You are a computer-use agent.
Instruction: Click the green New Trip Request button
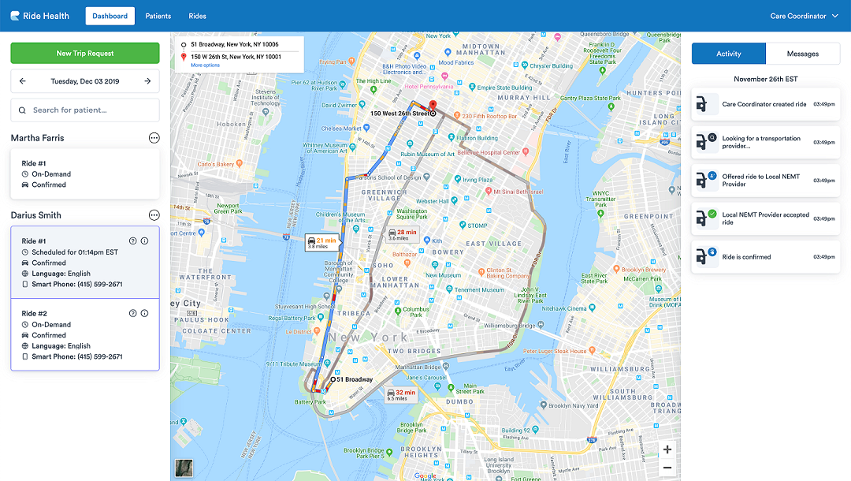click(85, 54)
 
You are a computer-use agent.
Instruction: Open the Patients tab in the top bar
click(158, 16)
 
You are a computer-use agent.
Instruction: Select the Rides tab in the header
click(197, 16)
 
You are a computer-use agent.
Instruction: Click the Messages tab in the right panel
click(802, 54)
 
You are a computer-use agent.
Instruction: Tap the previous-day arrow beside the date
click(23, 81)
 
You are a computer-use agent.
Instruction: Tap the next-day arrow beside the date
click(147, 81)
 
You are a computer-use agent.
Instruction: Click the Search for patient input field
click(85, 110)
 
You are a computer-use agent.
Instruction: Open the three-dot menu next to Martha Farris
click(154, 138)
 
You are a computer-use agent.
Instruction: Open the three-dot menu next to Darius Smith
click(154, 215)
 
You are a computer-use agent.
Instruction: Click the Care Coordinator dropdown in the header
click(804, 16)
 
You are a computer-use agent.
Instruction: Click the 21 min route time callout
click(321, 242)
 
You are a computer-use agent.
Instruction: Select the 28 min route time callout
click(402, 234)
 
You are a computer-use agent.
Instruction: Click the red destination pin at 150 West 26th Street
click(432, 108)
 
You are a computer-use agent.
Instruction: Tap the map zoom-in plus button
click(667, 449)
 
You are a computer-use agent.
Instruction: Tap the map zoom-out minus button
click(667, 468)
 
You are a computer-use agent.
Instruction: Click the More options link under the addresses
click(206, 65)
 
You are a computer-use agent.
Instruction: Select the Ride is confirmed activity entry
click(765, 257)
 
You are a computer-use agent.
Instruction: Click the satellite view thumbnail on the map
click(184, 468)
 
